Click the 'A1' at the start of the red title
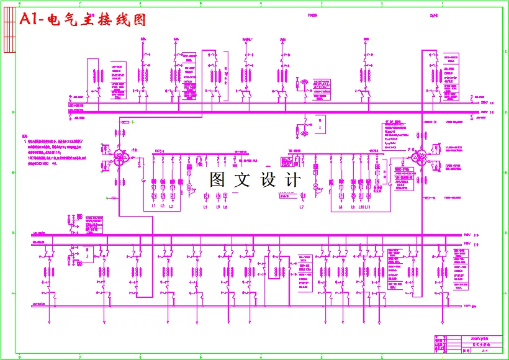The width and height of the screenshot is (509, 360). pyautogui.click(x=29, y=20)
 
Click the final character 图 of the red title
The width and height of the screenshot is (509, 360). pyautogui.click(x=138, y=20)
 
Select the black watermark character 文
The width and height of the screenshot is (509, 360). pyautogui.click(x=242, y=180)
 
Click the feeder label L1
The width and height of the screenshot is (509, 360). pyautogui.click(x=153, y=207)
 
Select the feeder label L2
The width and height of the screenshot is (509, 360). pyautogui.click(x=163, y=207)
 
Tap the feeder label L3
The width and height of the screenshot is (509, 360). pyautogui.click(x=171, y=207)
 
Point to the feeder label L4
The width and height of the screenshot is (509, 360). pyautogui.click(x=205, y=207)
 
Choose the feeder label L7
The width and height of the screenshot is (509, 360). pyautogui.click(x=302, y=207)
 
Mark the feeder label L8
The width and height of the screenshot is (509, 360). pyautogui.click(x=341, y=207)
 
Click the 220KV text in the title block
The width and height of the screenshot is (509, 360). pyautogui.click(x=477, y=337)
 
